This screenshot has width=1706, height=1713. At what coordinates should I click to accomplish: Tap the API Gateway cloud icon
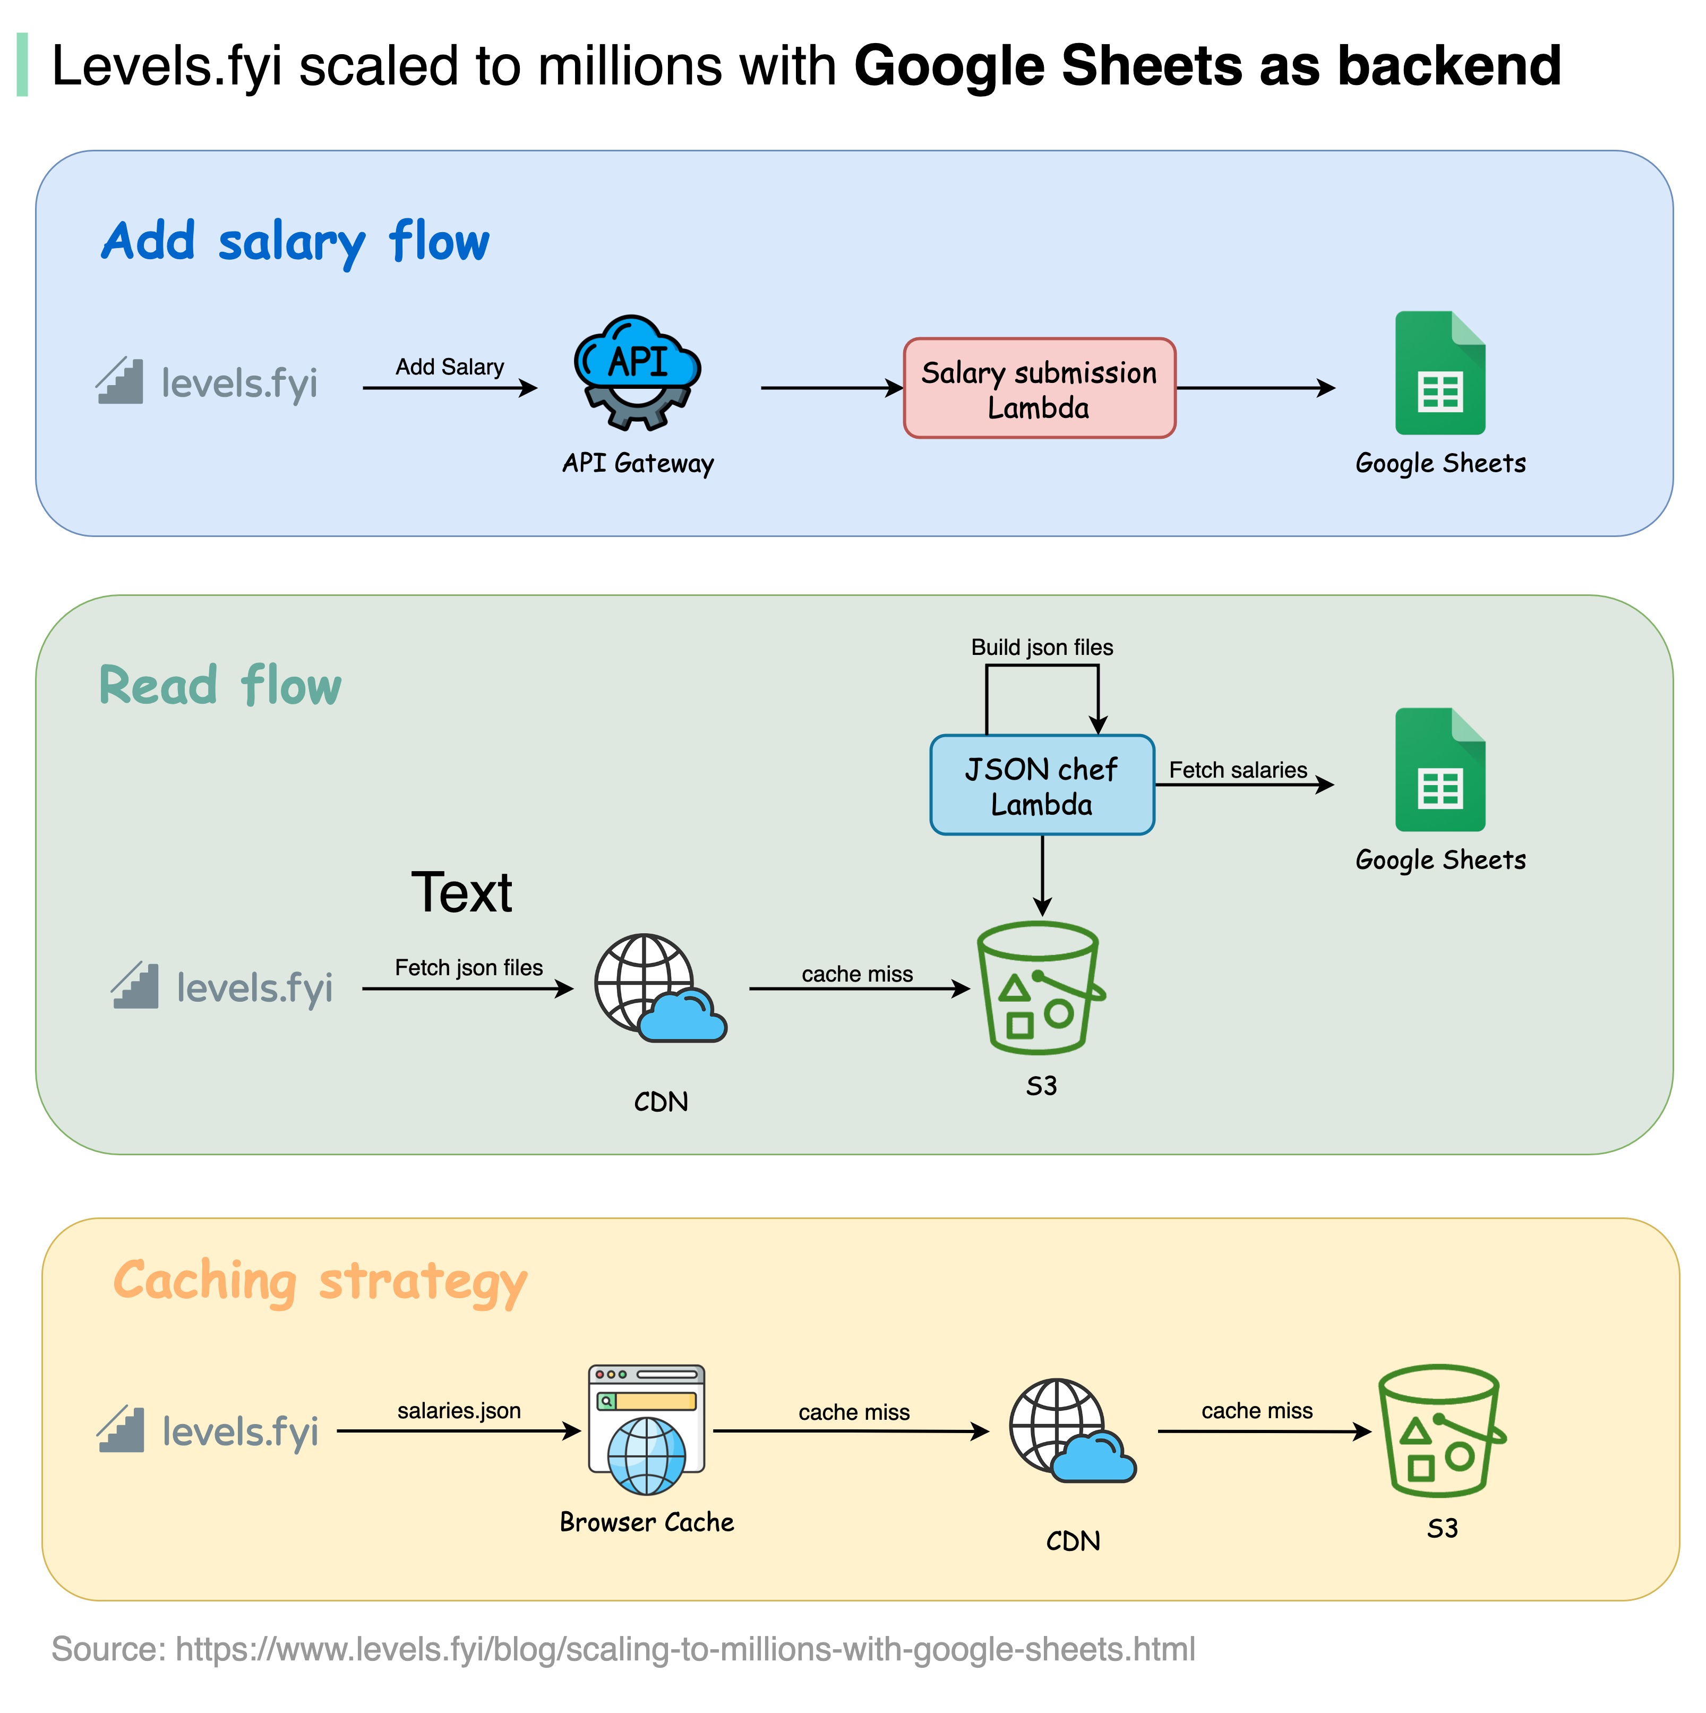coord(637,372)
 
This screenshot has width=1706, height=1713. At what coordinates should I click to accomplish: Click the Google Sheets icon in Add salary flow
coord(1439,373)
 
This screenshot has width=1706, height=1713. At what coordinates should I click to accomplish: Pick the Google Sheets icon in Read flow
coord(1439,770)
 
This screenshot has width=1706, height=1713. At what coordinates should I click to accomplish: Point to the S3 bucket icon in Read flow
coord(1040,988)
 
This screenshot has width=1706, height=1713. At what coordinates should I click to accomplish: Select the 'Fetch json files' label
coord(469,967)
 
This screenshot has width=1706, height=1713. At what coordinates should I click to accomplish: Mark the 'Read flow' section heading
coord(220,686)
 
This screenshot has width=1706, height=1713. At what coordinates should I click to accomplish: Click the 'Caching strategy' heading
coord(320,1282)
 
